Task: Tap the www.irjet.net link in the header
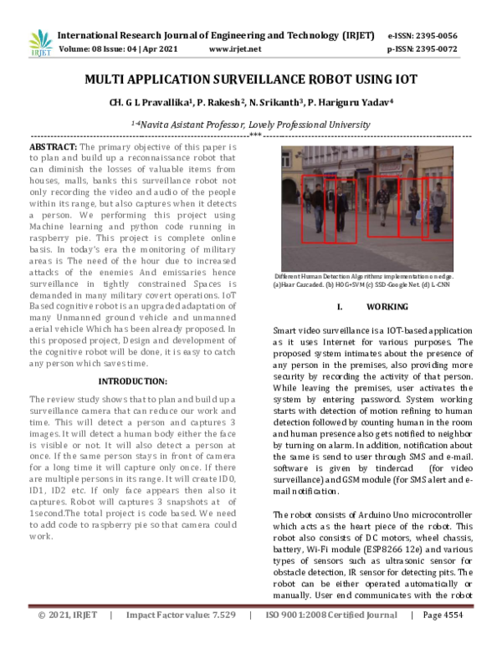tap(235, 49)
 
